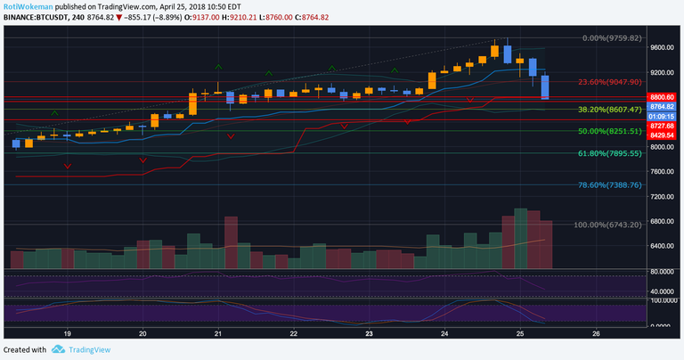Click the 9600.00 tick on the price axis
(664, 48)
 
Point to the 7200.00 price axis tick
(664, 196)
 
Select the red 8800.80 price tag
(664, 97)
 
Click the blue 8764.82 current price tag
(664, 107)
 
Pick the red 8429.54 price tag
(664, 135)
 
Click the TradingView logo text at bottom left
(88, 349)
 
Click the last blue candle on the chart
(545, 86)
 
